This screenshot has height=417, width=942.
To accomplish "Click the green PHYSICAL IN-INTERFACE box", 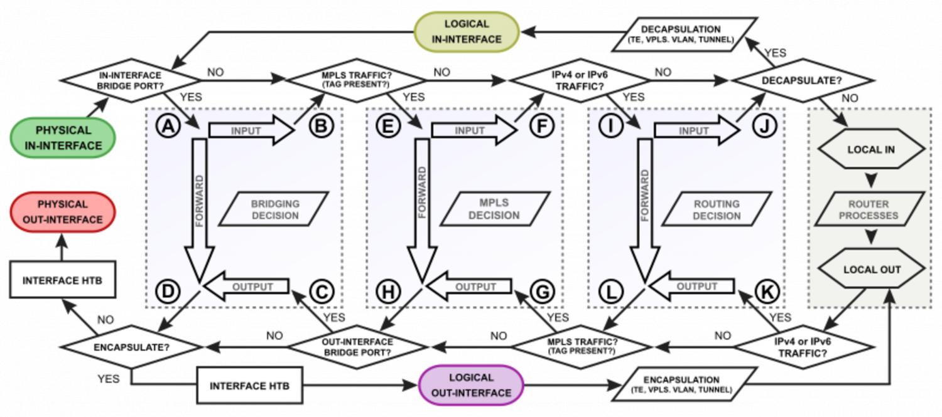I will tap(62, 138).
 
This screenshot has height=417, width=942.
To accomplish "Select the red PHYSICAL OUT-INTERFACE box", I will tap(62, 212).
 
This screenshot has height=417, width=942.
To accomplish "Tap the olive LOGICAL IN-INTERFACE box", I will tap(466, 32).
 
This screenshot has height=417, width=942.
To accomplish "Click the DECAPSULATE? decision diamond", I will tap(802, 80).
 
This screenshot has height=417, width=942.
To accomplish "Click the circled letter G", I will tap(543, 292).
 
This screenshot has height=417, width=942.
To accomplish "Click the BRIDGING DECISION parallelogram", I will tap(275, 209).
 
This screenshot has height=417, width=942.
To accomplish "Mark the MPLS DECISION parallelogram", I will tap(494, 209).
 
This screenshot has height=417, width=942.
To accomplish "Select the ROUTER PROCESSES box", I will tap(870, 209).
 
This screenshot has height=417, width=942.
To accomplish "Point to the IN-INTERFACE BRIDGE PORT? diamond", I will tap(129, 80).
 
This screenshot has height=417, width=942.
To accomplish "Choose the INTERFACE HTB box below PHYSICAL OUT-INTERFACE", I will tap(62, 280).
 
